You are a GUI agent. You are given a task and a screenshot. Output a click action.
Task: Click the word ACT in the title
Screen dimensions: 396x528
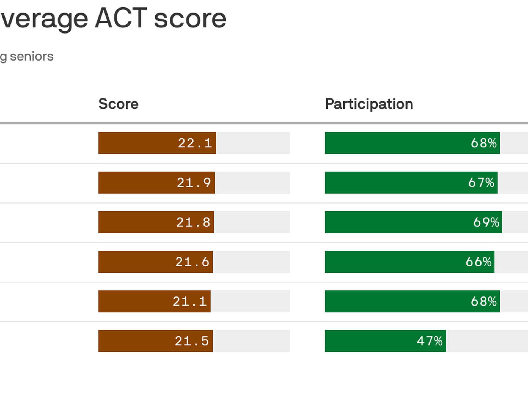[121, 19]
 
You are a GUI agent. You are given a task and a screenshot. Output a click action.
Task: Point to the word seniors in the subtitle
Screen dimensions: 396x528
[32, 57]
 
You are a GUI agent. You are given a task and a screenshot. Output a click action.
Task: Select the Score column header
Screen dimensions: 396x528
[118, 104]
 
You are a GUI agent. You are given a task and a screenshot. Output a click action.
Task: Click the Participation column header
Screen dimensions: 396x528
[369, 104]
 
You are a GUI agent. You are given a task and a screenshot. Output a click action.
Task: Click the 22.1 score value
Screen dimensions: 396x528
[195, 143]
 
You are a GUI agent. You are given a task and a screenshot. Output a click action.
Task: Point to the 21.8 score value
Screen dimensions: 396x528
[193, 222]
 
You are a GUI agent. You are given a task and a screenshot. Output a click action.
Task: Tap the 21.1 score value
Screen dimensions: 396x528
[189, 301]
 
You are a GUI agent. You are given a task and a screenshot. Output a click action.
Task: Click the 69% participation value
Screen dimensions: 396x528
[486, 222]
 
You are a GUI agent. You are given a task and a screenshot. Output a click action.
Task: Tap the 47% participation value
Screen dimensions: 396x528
[430, 341]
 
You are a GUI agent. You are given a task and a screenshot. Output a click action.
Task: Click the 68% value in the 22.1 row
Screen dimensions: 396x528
[484, 143]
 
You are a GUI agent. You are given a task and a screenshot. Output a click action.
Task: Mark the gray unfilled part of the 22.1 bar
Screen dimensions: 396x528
[253, 143]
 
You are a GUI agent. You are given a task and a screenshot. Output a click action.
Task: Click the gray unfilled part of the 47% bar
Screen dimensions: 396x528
[487, 341]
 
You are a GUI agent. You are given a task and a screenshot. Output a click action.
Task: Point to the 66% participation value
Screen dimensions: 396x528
[479, 262]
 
